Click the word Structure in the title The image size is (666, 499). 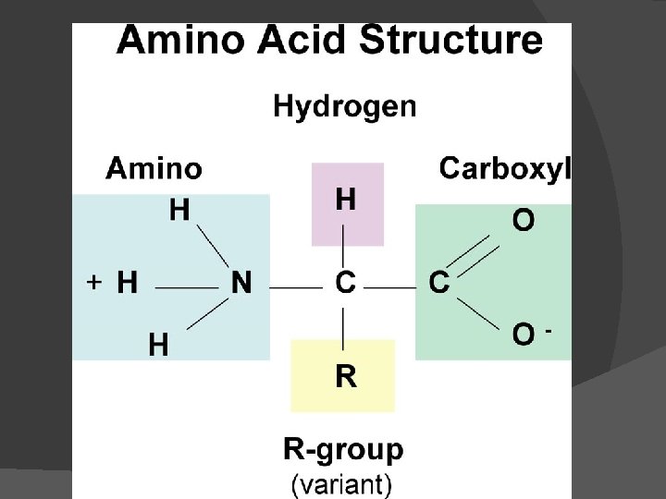[x=450, y=42]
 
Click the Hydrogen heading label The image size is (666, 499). [x=345, y=107]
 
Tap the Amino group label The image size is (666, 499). [x=154, y=168]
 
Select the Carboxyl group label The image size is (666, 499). [x=505, y=168]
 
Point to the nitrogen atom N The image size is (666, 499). [x=240, y=283]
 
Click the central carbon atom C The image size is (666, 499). [x=344, y=283]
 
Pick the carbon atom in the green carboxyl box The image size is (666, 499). [x=439, y=283]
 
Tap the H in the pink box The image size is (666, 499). [x=345, y=200]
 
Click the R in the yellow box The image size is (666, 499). [x=345, y=376]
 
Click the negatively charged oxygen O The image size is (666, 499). [x=524, y=335]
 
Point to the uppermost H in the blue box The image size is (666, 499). [x=179, y=211]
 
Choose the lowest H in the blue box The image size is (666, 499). [x=159, y=346]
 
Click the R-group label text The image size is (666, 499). [x=343, y=450]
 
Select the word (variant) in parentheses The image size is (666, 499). [x=341, y=483]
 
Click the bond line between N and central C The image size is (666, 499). [x=295, y=287]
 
